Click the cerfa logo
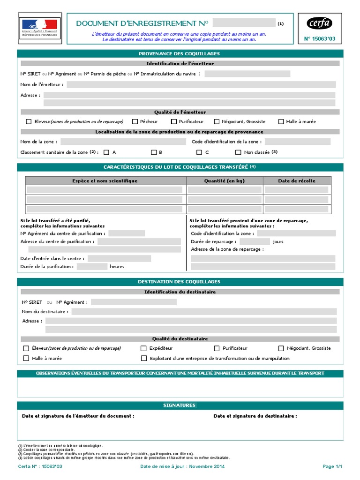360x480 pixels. [319, 23]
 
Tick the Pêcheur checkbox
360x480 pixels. [135, 121]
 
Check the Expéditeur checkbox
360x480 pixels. [143, 348]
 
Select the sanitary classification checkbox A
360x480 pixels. [106, 152]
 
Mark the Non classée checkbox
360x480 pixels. [238, 152]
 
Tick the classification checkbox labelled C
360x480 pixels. [199, 152]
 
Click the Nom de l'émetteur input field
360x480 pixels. [201, 84]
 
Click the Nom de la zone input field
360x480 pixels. [124, 142]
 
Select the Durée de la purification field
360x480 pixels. [92, 267]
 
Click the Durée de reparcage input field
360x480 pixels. [255, 242]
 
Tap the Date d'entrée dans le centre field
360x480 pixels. [119, 258]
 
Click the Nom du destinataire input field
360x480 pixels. [204, 311]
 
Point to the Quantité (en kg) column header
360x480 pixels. [225, 181]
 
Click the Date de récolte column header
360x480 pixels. [297, 181]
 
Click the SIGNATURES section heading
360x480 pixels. [180, 405]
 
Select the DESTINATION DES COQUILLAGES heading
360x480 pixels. [180, 282]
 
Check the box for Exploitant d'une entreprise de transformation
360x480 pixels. [144, 359]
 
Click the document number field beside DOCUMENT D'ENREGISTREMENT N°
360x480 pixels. [244, 23]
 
